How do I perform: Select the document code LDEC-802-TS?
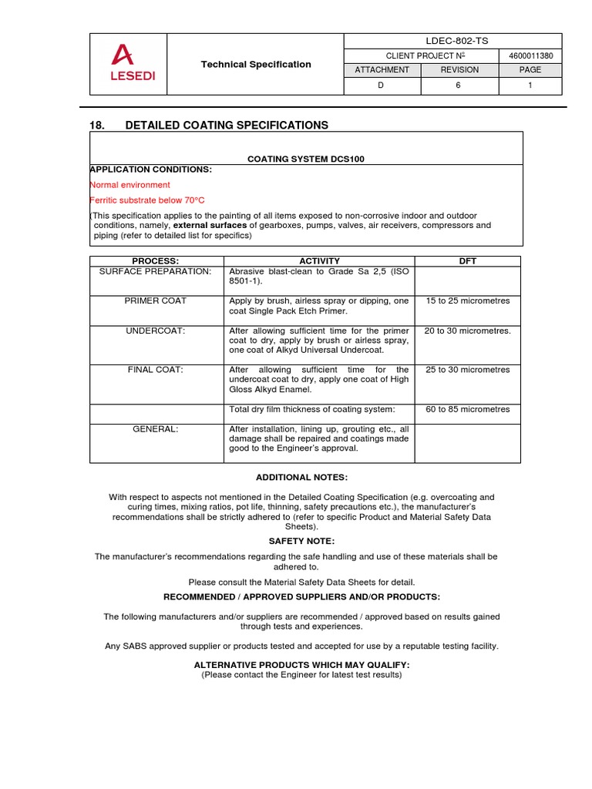(x=452, y=42)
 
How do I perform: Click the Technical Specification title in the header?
(x=256, y=65)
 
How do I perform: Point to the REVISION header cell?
(x=459, y=69)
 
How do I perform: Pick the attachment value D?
(x=380, y=85)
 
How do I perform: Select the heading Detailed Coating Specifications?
(x=226, y=125)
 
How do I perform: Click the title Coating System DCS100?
(x=305, y=159)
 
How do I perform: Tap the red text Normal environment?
(x=130, y=185)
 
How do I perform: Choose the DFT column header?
(x=468, y=261)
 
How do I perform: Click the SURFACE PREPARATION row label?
(x=156, y=271)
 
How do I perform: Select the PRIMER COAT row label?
(x=157, y=300)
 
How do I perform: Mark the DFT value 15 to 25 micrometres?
(x=468, y=300)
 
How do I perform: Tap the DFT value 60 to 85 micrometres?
(x=468, y=409)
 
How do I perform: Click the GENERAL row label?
(x=157, y=429)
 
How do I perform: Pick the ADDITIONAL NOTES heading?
(x=296, y=478)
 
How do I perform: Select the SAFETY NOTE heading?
(x=296, y=542)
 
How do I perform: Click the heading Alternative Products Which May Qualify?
(x=301, y=664)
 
